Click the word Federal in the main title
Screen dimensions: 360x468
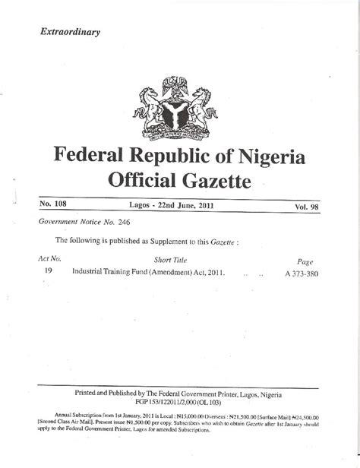(96, 158)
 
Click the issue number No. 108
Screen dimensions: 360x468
(53, 206)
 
